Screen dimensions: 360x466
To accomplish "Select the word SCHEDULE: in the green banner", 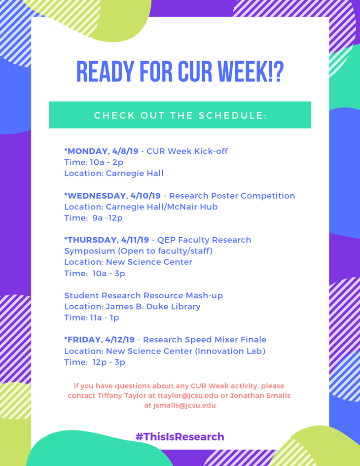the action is [233, 115].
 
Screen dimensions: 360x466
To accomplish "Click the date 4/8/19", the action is [125, 151].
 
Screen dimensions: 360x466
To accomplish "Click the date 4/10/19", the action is [145, 196].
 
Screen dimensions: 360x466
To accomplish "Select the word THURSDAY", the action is [92, 240].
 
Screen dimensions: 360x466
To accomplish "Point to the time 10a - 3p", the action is [109, 273].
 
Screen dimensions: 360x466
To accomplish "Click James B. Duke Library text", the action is [153, 307].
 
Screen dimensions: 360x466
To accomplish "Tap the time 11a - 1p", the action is [105, 318].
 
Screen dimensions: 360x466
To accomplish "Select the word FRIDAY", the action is [85, 340].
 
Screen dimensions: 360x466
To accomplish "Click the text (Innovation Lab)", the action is [230, 351].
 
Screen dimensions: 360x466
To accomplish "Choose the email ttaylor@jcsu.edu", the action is [188, 396].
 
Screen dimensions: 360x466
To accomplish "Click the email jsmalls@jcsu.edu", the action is [184, 405].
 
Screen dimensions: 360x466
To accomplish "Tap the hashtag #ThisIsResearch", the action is [180, 436].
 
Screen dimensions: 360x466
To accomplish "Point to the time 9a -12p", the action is [108, 218].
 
